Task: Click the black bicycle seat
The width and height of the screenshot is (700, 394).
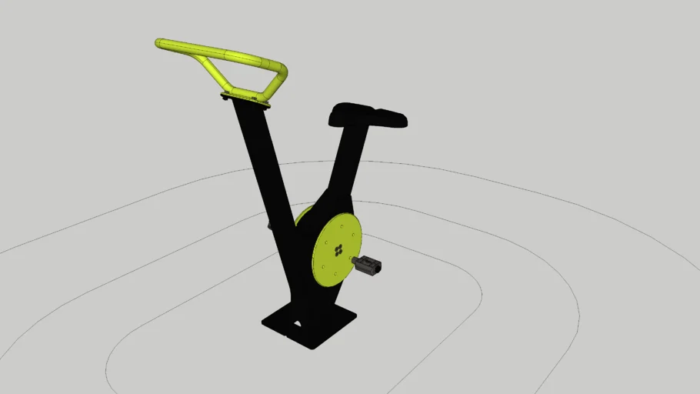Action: tap(368, 116)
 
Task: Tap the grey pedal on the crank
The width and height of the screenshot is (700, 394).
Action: tap(370, 266)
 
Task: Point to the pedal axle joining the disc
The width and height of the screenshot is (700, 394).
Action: tap(355, 262)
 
